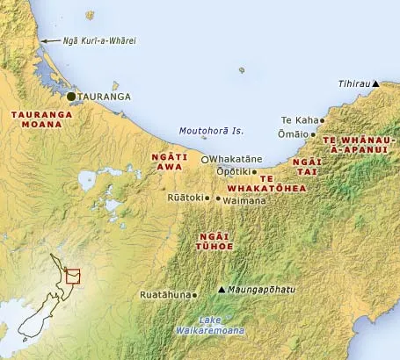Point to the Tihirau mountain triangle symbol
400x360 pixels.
tap(375, 84)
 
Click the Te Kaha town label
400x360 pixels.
tap(298, 119)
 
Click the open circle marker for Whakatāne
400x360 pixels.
tap(205, 160)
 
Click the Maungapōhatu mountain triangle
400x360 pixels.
tap(222, 289)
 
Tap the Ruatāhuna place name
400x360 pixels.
tap(164, 295)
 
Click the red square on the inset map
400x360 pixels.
tap(73, 277)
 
